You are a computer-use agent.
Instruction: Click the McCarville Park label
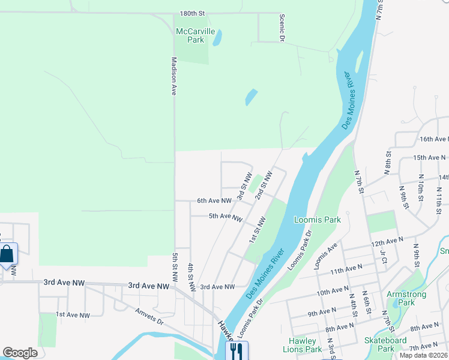(190, 35)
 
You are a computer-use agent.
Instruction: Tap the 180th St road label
(192, 13)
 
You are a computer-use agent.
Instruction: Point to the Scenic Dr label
(281, 28)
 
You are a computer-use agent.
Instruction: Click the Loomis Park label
(318, 220)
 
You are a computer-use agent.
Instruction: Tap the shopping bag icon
(7, 254)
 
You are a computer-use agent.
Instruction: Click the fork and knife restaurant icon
(237, 350)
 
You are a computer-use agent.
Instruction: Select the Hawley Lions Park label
(303, 345)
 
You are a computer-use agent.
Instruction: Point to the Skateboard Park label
(387, 344)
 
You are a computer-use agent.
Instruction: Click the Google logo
(20, 353)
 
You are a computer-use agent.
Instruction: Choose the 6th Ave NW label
(214, 201)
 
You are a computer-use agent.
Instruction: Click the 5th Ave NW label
(225, 216)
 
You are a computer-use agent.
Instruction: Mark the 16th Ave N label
(434, 139)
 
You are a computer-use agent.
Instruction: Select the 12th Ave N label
(387, 241)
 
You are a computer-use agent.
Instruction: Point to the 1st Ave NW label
(73, 314)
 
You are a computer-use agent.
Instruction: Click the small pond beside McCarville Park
(217, 38)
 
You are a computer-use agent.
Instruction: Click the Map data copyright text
(423, 355)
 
